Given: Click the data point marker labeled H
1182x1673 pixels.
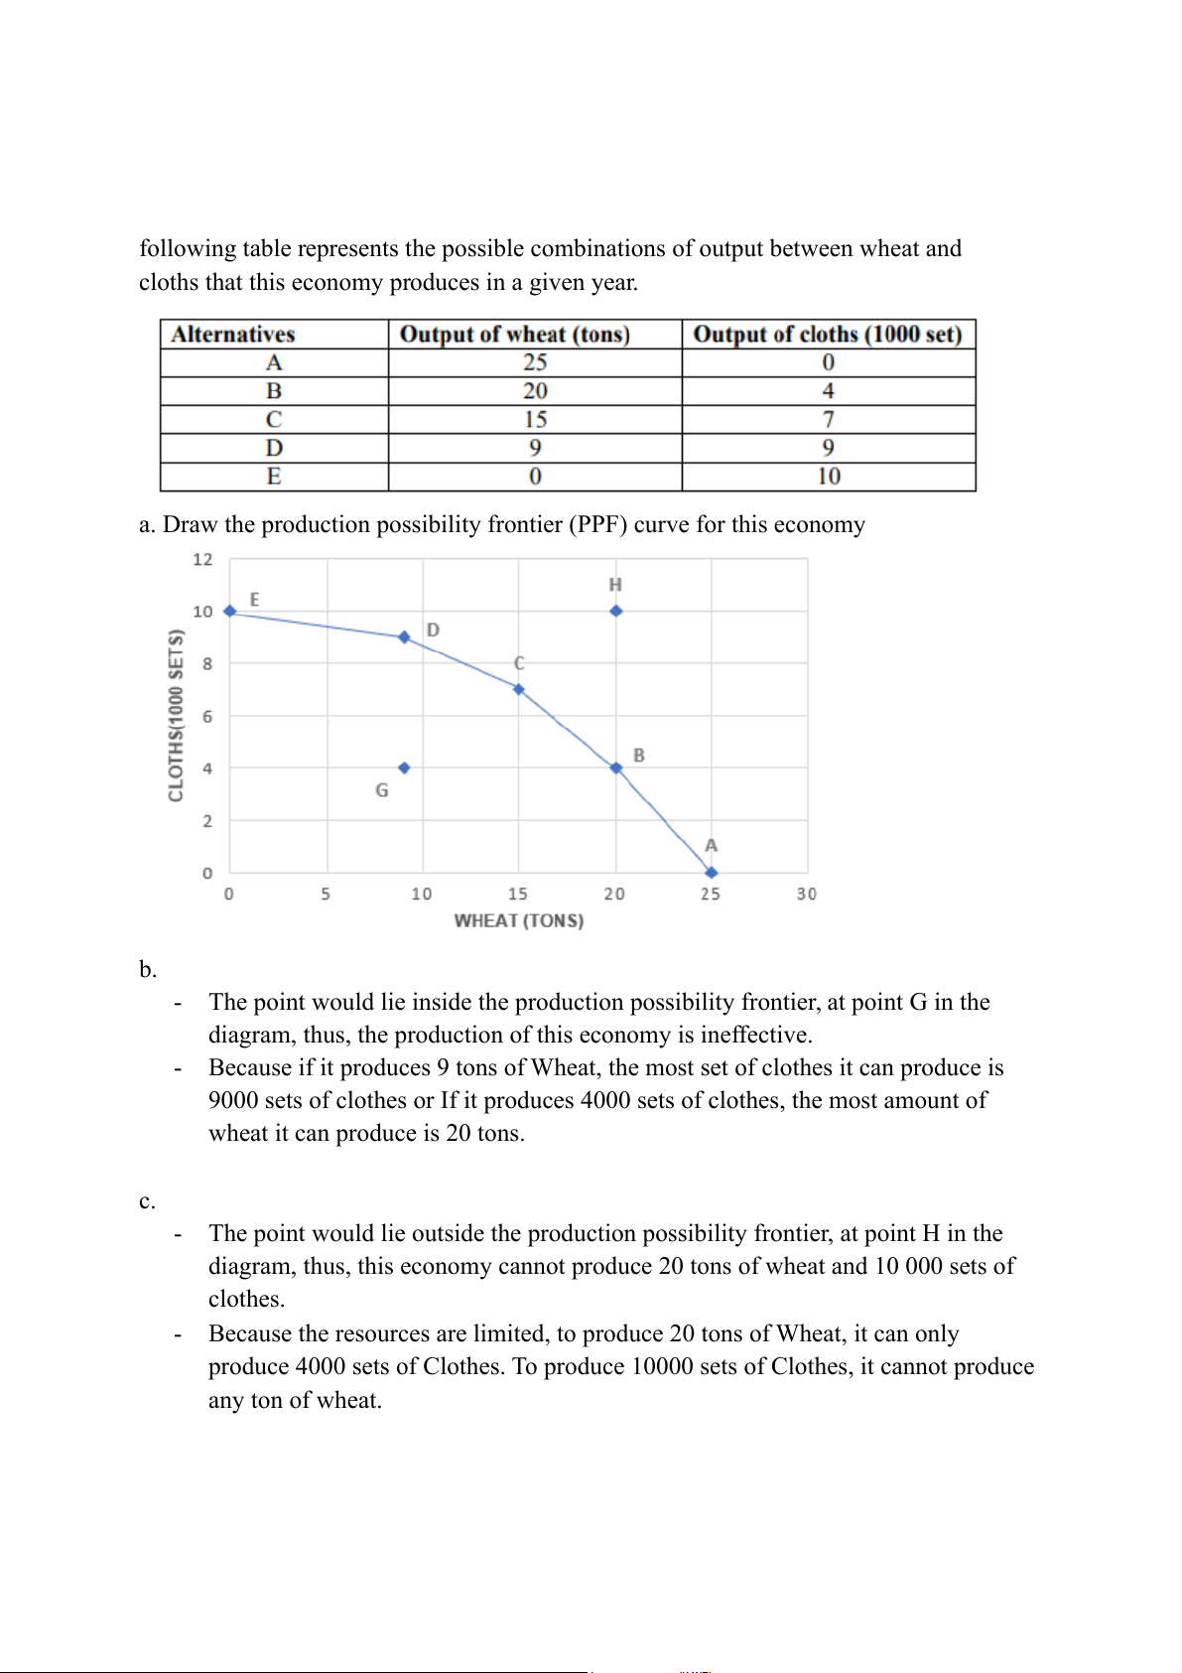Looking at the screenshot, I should pyautogui.click(x=615, y=611).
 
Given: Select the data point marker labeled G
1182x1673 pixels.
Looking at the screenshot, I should pyautogui.click(x=404, y=767).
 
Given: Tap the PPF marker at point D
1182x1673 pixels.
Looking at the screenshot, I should pyautogui.click(x=404, y=636).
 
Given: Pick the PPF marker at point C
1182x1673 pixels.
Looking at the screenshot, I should pyautogui.click(x=518, y=689).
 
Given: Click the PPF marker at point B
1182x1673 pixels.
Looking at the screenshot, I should pyautogui.click(x=615, y=767).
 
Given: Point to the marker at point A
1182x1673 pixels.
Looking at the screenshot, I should pyautogui.click(x=711, y=873).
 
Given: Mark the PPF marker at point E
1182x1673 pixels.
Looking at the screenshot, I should pyautogui.click(x=230, y=611).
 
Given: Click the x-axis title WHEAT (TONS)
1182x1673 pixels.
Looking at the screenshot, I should pyautogui.click(x=518, y=920).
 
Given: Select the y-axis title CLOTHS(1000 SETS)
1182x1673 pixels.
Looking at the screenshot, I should pyautogui.click(x=177, y=715).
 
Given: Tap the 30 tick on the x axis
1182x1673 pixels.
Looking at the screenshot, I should pyautogui.click(x=806, y=894).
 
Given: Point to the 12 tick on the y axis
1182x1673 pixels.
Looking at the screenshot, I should pyautogui.click(x=202, y=560).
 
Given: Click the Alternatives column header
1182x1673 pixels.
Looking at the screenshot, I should pyautogui.click(x=233, y=335).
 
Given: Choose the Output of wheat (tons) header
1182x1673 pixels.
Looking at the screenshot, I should pyautogui.click(x=514, y=335).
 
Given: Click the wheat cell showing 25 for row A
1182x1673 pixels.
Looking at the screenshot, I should pyautogui.click(x=535, y=362).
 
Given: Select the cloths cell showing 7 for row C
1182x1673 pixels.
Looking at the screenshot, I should pyautogui.click(x=828, y=419).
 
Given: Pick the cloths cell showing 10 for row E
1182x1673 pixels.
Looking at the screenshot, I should pyautogui.click(x=828, y=477).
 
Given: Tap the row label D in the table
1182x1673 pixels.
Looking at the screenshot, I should pyautogui.click(x=274, y=448).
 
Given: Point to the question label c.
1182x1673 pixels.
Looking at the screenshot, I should pyautogui.click(x=147, y=1201).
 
